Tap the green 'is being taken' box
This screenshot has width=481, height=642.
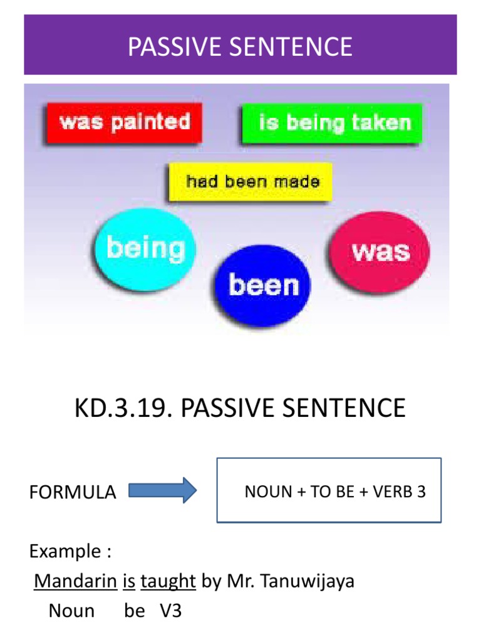(x=333, y=123)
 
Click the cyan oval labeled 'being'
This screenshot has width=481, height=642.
(x=145, y=250)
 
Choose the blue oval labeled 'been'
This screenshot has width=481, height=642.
(x=263, y=286)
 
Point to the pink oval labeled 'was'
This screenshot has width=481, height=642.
(x=380, y=251)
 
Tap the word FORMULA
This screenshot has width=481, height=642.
(x=73, y=492)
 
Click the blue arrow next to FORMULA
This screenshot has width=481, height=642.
(x=163, y=490)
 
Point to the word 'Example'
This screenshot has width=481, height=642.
(x=65, y=552)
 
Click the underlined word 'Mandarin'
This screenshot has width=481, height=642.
(x=75, y=581)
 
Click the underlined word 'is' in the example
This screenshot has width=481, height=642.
(x=129, y=581)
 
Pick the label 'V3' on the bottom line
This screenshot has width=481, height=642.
(x=171, y=611)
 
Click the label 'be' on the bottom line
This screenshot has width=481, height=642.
(x=134, y=611)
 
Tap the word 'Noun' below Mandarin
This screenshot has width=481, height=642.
(x=71, y=611)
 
